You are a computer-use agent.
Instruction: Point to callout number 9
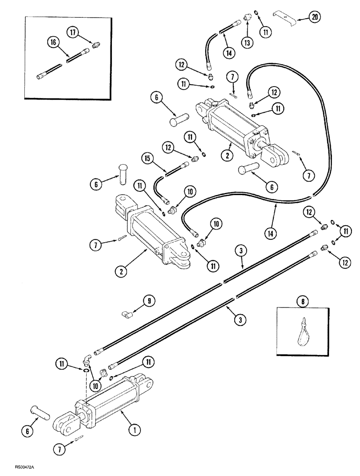(149, 300)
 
